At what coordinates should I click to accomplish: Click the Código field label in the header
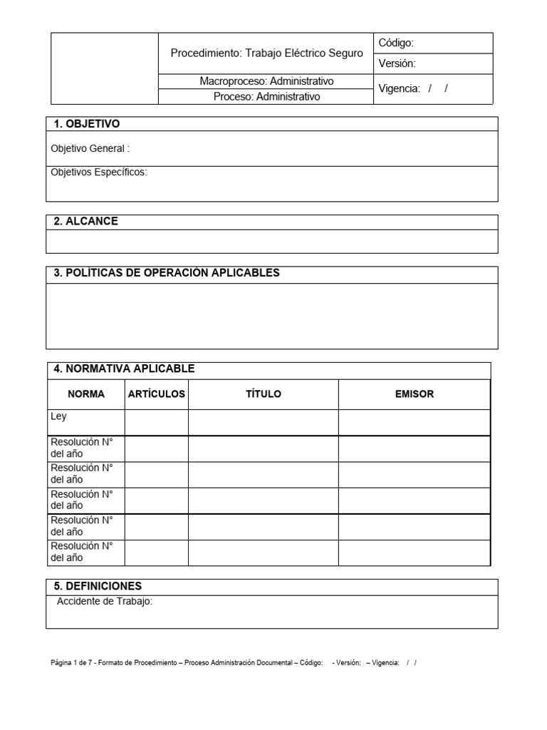point(396,43)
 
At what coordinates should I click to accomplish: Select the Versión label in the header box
point(397,63)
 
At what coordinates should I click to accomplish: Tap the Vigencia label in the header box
point(400,89)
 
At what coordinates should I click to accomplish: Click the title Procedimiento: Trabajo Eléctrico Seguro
point(266,53)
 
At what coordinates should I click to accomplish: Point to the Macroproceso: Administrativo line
point(266,81)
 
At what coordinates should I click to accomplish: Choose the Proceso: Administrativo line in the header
point(266,96)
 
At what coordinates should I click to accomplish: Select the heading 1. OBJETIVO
point(87,124)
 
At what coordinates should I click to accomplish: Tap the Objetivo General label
point(90,149)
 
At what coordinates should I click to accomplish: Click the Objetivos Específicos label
point(99,173)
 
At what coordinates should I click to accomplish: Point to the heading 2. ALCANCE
point(86,222)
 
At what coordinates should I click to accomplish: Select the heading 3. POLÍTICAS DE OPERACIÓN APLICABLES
point(167,273)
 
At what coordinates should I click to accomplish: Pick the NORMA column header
point(85,394)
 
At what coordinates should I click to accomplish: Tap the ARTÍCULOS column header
point(156,394)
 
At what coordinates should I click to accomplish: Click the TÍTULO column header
point(263,394)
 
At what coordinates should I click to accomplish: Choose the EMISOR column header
point(414,394)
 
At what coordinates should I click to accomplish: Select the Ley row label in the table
point(58,416)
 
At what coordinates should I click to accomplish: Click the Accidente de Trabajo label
point(105,602)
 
